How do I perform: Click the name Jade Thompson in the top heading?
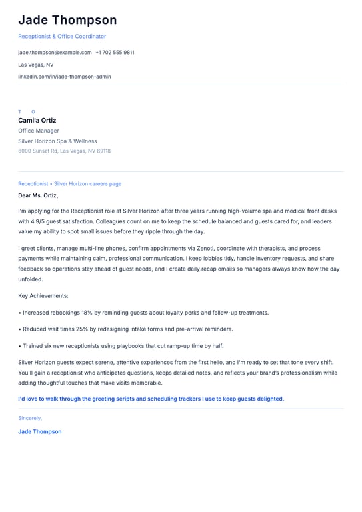pos(67,20)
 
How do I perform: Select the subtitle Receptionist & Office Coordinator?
pos(62,37)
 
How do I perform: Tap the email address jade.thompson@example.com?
pos(55,52)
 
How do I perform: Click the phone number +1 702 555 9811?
pos(115,52)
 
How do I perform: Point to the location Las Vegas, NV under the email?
pos(36,65)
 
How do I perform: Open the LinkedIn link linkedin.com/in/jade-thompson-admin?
pos(65,77)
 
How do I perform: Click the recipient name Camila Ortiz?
pos(37,121)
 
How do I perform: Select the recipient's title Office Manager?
pos(39,131)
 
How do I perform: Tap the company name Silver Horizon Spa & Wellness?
pos(57,141)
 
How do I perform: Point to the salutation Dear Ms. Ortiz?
pos(38,195)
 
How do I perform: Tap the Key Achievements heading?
pos(43,295)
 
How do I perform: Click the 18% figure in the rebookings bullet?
pos(85,312)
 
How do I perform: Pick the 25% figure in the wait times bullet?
pos(82,329)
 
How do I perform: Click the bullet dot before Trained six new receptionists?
pos(20,346)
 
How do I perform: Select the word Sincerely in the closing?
pos(30,418)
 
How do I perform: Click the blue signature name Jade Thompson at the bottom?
pos(40,431)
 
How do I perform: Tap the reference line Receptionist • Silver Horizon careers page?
pos(70,183)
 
